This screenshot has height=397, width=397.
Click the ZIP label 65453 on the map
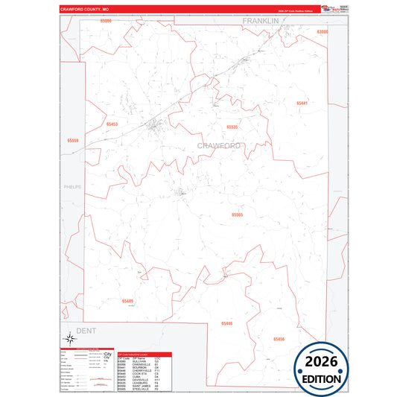(112, 124)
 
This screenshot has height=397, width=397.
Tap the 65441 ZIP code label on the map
(301, 103)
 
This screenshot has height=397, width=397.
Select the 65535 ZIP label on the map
(232, 127)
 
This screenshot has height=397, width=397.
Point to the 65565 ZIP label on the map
(237, 215)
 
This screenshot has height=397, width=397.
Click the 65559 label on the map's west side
(72, 140)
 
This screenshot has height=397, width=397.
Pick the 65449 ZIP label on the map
(127, 301)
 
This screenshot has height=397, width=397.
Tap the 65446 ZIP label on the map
(226, 323)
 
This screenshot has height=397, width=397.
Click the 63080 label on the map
(322, 32)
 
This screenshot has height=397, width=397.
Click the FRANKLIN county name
(260, 21)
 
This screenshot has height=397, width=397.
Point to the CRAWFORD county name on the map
(220, 145)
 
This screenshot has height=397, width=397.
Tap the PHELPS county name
(72, 187)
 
